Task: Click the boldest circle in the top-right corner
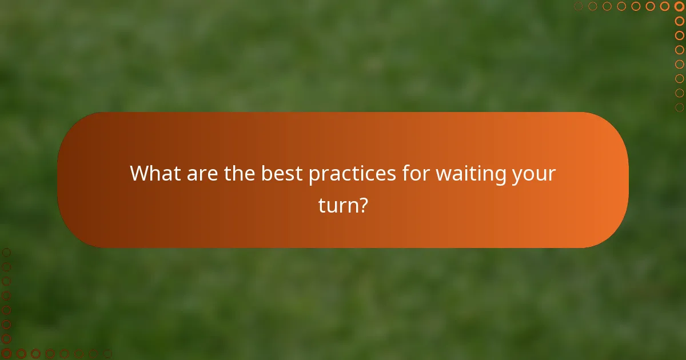tap(679, 6)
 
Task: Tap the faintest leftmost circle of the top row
tap(579, 6)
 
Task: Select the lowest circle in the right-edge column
tap(679, 107)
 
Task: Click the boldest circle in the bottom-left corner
tap(7, 354)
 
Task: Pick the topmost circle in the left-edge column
tap(7, 252)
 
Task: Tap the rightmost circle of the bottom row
tap(107, 354)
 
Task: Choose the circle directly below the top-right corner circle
tap(679, 21)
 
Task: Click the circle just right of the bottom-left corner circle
tap(21, 354)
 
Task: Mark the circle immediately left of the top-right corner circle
tap(665, 6)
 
